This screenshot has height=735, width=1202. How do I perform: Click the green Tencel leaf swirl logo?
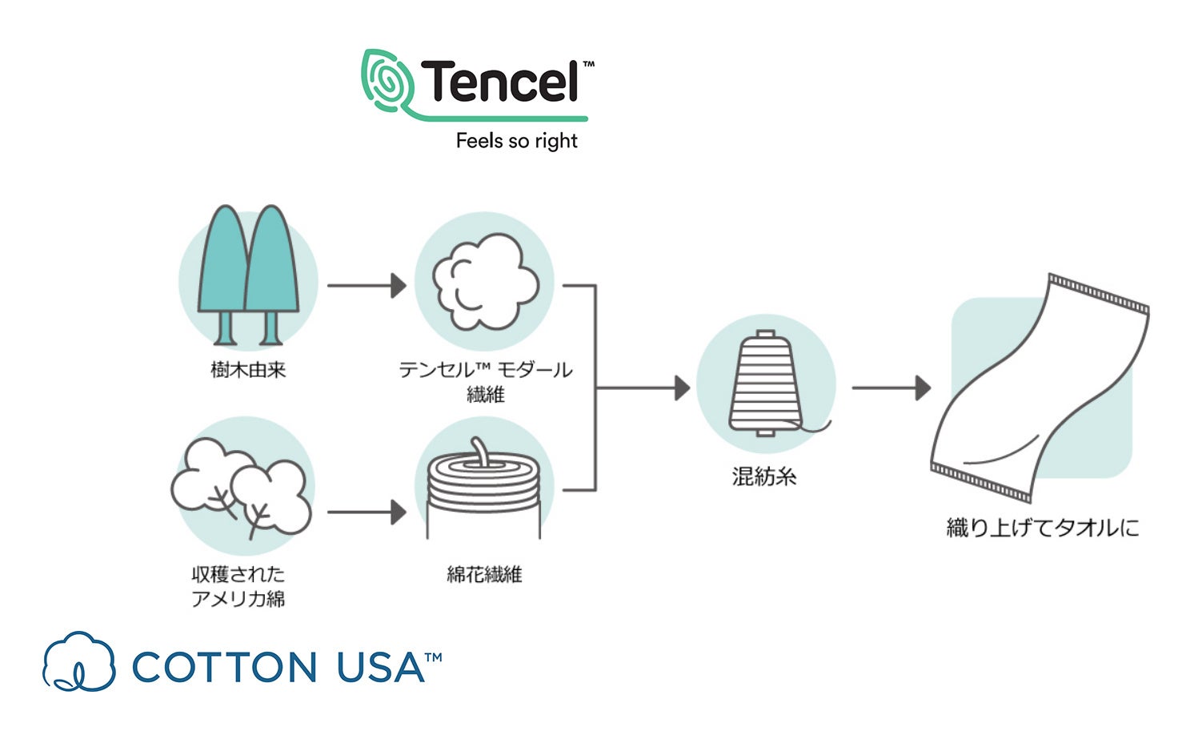pos(388,82)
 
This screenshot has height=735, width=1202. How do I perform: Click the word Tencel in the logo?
pos(500,82)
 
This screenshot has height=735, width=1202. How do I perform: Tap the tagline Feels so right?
pos(516,141)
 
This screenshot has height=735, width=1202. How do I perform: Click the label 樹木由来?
pos(248,370)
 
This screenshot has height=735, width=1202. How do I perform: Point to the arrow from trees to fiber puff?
pos(367,285)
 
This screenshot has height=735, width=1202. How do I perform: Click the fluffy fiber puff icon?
pos(485,282)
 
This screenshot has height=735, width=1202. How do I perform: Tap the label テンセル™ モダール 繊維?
pos(485,381)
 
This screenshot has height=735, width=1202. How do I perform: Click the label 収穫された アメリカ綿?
pos(238,586)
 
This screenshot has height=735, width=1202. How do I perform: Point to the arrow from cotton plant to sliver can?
pos(367,512)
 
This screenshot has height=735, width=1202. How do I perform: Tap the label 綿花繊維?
pos(484,574)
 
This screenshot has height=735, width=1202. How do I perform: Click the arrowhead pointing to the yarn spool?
pos(682,388)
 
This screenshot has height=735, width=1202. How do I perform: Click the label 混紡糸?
pos(764,477)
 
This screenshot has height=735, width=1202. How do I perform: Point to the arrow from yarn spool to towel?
pos(891,388)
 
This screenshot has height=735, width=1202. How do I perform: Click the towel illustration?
pos(1040,388)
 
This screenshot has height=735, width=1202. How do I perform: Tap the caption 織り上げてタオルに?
pos(1042,528)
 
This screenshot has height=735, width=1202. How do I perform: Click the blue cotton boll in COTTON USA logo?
pos(78,663)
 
